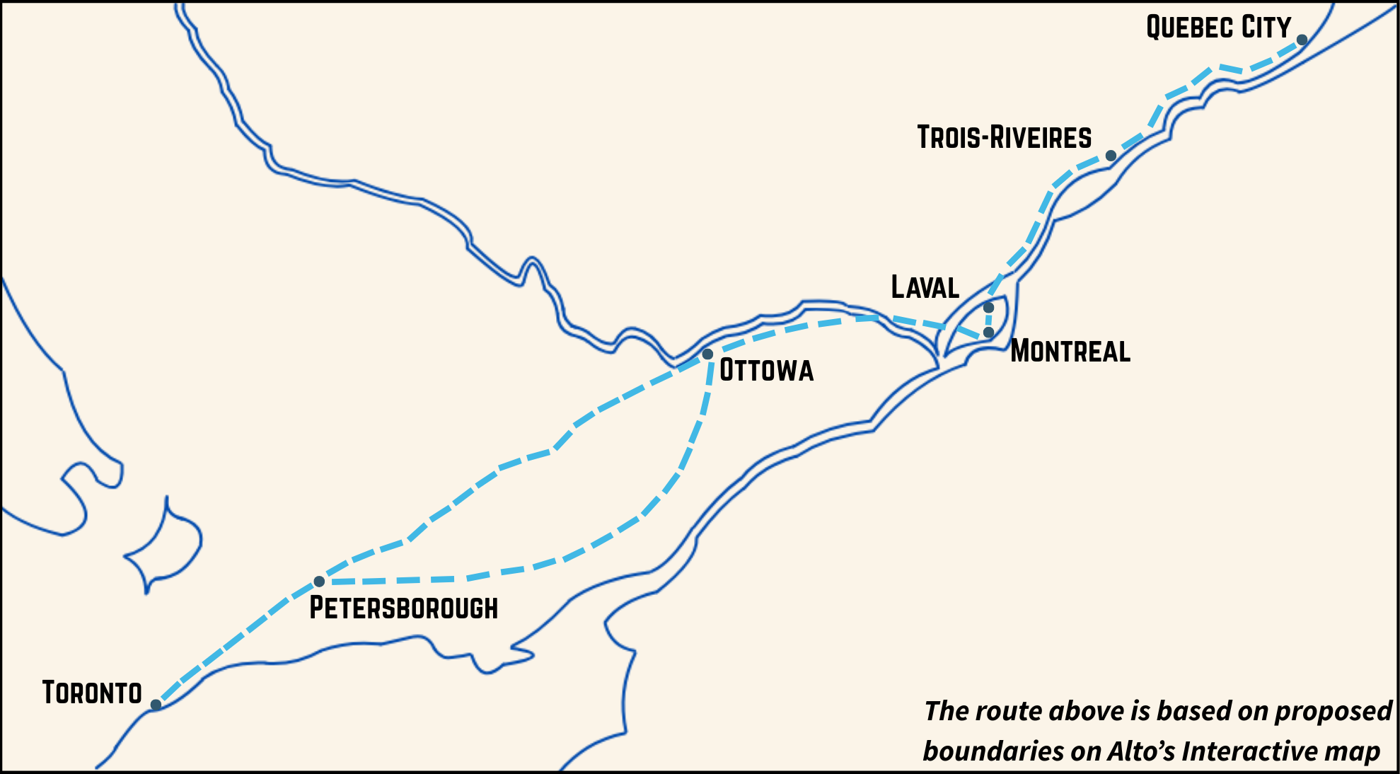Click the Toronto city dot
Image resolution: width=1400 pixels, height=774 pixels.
[x=156, y=705]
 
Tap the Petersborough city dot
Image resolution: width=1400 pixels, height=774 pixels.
[x=319, y=582]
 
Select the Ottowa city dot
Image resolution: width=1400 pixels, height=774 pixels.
[x=707, y=354]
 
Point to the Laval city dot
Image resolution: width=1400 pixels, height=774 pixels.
[x=988, y=308]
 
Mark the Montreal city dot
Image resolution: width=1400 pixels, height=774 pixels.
[x=988, y=333]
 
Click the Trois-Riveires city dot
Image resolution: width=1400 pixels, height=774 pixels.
[x=1111, y=156]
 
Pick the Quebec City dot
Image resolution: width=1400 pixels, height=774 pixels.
[x=1302, y=40]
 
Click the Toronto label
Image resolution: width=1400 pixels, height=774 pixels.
[x=92, y=693]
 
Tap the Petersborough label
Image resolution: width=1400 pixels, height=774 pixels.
[x=403, y=608]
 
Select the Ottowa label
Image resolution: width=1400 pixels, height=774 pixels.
[x=766, y=371]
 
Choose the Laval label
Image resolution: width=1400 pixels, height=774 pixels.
[x=925, y=287]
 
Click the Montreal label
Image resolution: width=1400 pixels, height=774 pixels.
[x=1070, y=352]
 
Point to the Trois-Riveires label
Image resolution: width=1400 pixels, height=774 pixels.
[x=1004, y=137]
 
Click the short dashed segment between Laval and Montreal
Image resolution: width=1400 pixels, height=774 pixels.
[x=988, y=320]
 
